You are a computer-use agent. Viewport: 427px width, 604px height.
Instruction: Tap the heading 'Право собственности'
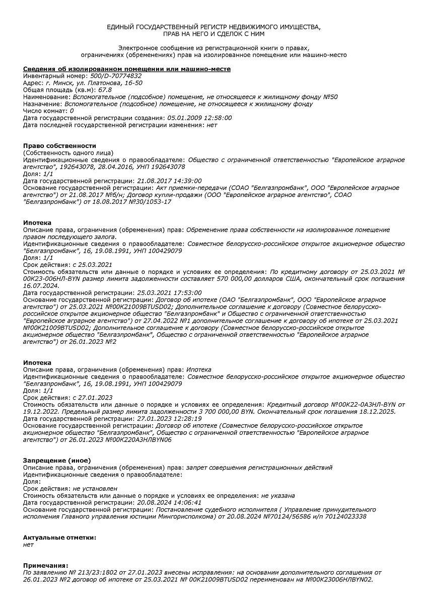(59, 145)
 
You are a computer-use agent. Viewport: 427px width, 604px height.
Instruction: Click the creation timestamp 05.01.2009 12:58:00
(199, 118)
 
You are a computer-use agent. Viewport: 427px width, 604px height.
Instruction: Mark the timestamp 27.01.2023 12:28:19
(169, 418)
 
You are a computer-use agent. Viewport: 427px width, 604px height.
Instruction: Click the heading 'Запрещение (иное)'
(57, 460)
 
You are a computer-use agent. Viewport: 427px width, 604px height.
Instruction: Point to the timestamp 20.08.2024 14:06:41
(169, 502)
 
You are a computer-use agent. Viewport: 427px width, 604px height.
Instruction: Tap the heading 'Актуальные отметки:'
(59, 538)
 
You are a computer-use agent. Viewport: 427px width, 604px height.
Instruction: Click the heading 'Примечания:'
(45, 566)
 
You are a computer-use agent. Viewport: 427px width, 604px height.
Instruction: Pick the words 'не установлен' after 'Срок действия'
(95, 488)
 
